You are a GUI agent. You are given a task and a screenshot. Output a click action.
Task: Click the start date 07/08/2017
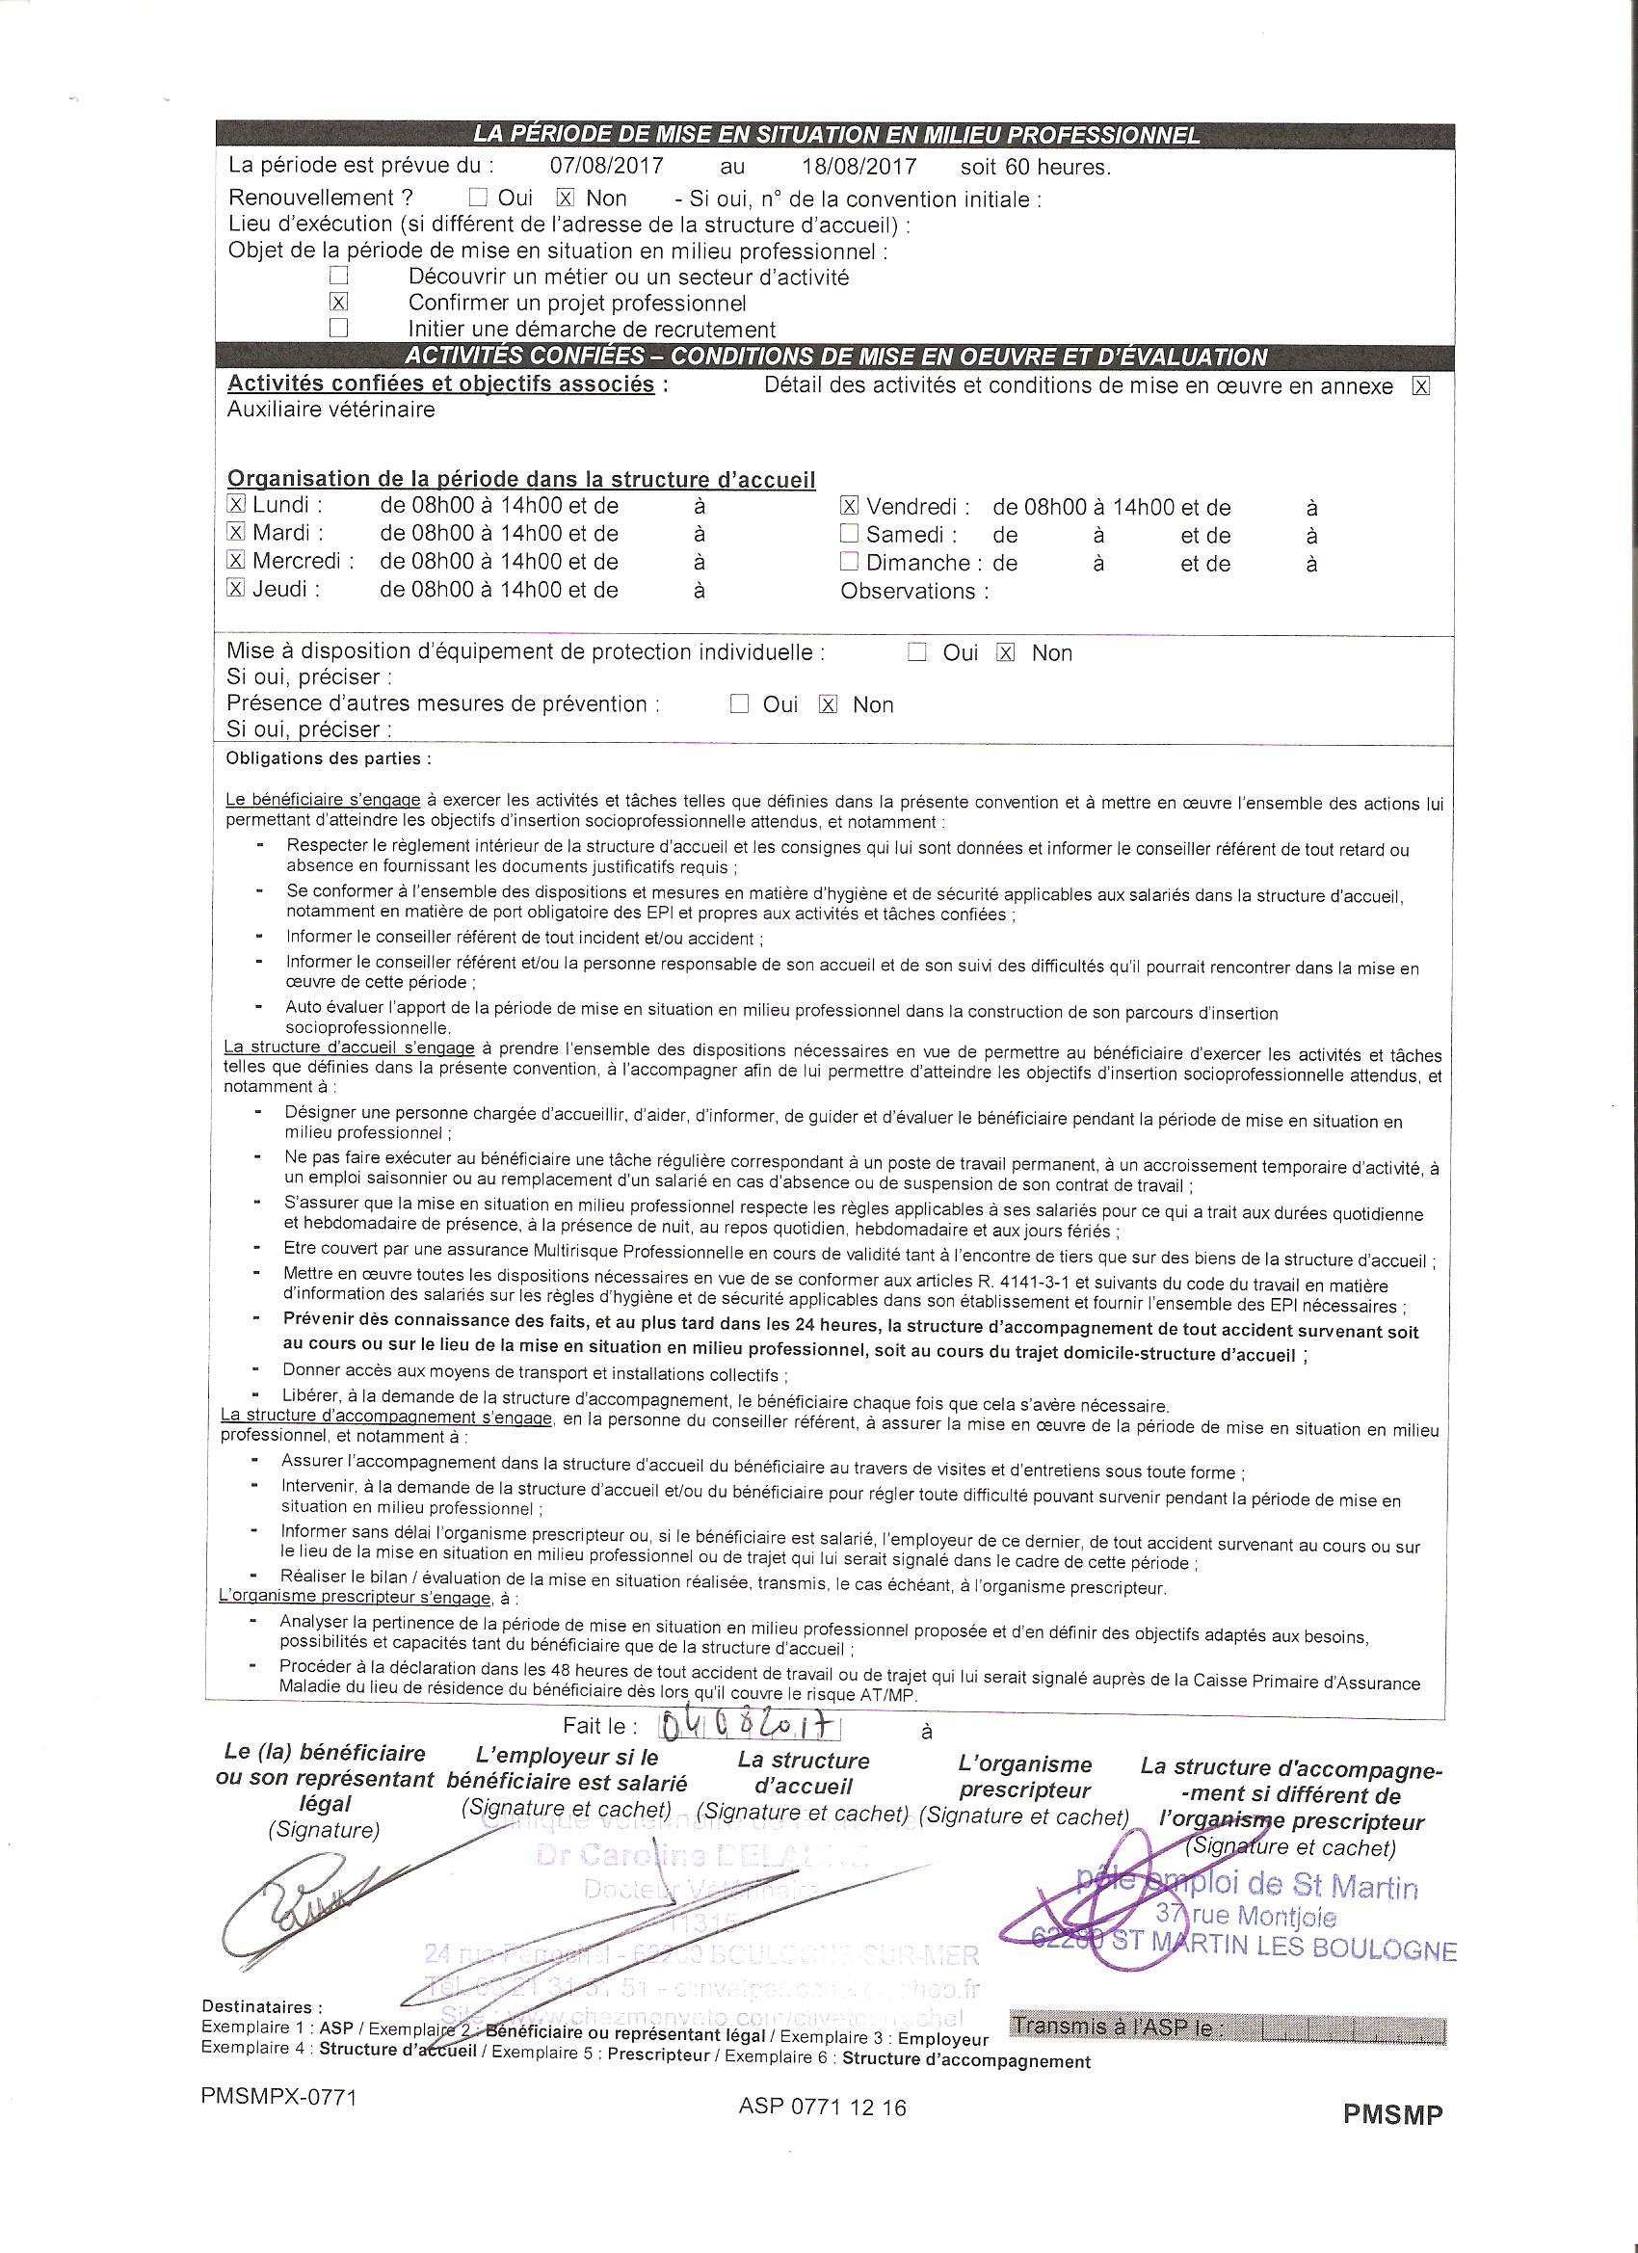point(606,166)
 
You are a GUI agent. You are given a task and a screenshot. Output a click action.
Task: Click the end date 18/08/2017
point(859,166)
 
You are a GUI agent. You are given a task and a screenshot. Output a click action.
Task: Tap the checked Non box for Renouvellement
point(566,198)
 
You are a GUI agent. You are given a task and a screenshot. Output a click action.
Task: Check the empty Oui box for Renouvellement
point(478,198)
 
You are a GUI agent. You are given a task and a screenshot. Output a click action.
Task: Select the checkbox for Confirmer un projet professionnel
point(339,301)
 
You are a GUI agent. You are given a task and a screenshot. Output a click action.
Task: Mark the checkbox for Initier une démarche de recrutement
point(339,327)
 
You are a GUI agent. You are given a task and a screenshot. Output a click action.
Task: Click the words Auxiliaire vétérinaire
point(330,410)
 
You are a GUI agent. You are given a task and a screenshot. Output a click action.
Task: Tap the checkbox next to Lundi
point(236,505)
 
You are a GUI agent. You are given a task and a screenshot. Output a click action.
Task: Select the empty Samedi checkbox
point(848,534)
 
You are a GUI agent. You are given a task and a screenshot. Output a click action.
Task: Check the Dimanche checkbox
point(848,561)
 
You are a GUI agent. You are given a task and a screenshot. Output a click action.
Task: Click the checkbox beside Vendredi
point(849,506)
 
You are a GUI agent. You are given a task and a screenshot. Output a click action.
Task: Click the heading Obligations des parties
point(329,759)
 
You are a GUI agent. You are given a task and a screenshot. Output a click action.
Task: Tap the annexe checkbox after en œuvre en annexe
point(1420,386)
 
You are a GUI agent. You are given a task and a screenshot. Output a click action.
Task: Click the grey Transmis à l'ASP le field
point(1226,2027)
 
